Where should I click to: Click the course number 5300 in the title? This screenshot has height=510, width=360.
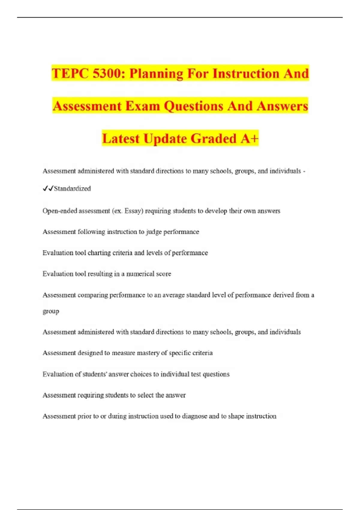click(x=107, y=73)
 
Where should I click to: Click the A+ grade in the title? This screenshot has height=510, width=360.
click(x=249, y=139)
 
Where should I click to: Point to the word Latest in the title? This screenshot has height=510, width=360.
click(x=121, y=139)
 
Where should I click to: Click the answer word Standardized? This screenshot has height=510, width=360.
click(x=72, y=189)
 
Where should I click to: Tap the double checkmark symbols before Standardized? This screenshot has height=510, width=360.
click(x=48, y=189)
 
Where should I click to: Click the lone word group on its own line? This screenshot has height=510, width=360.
click(x=51, y=311)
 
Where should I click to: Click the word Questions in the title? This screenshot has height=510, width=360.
click(x=193, y=106)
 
